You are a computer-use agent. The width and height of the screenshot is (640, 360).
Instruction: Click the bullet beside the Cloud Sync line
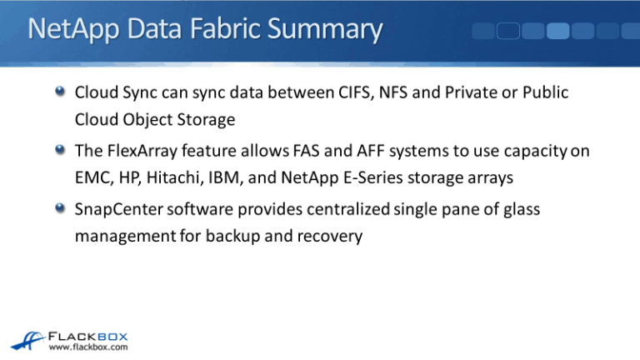point(60,92)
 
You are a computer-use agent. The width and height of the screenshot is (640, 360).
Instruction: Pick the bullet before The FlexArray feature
point(60,152)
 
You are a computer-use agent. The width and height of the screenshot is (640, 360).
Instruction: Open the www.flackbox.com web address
point(87,347)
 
